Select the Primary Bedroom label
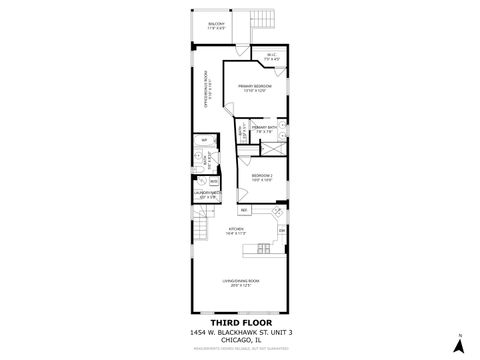click(x=251, y=89)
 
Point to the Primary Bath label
click(x=264, y=131)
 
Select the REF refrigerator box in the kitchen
click(x=243, y=211)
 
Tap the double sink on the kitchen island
click(x=262, y=247)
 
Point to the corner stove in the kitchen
click(x=277, y=212)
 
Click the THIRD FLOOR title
click(x=239, y=322)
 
